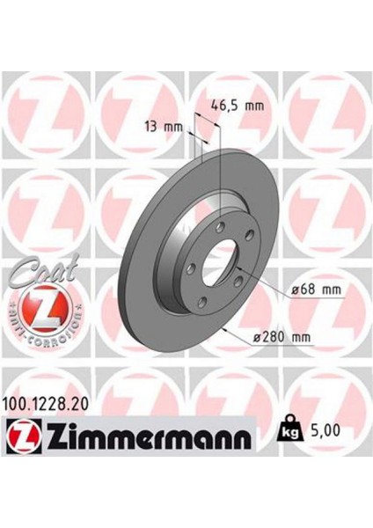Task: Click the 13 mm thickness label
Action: [163, 126]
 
